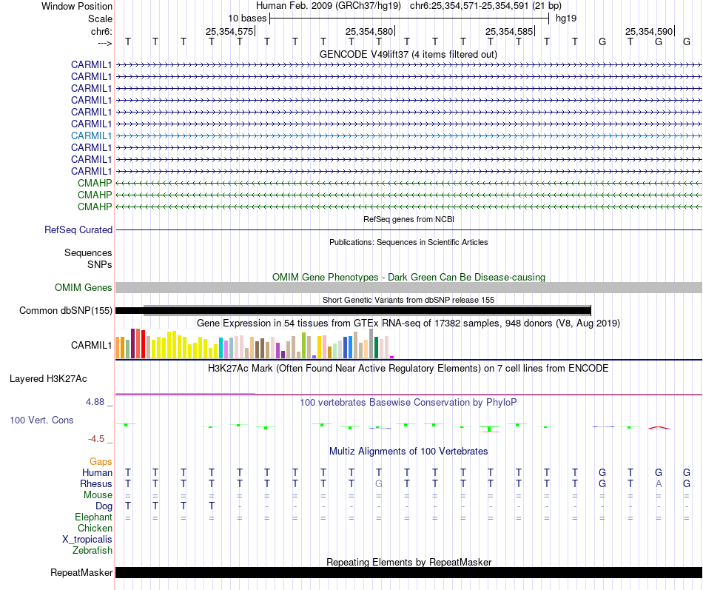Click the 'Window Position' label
77,6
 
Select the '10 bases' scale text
247,18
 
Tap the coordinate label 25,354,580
369,31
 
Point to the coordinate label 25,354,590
649,31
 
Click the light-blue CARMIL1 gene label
92,135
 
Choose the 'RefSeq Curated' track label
78,230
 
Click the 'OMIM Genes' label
84,288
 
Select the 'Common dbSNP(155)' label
66,311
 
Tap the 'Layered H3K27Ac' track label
48,379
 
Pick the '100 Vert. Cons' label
41,420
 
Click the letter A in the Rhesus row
659,483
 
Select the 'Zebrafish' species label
92,550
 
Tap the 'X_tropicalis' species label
87,539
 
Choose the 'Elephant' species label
93,517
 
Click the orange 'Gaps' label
101,461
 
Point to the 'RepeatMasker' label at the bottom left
81,573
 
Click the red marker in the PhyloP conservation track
659,427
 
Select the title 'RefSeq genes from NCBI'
408,220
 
